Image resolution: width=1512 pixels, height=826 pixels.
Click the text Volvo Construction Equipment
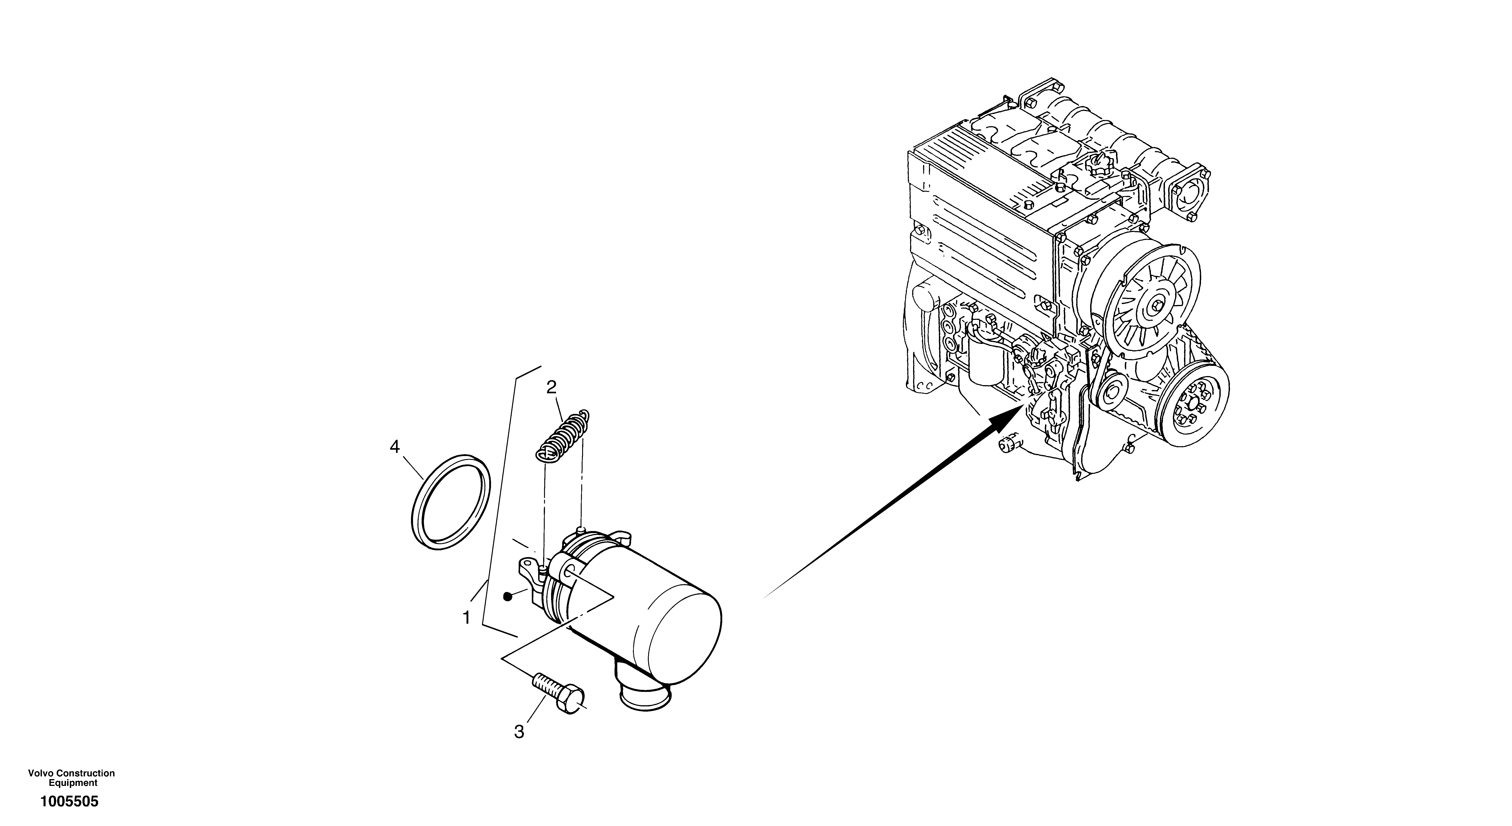click(72, 778)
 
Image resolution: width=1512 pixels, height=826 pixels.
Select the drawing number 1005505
click(69, 801)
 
